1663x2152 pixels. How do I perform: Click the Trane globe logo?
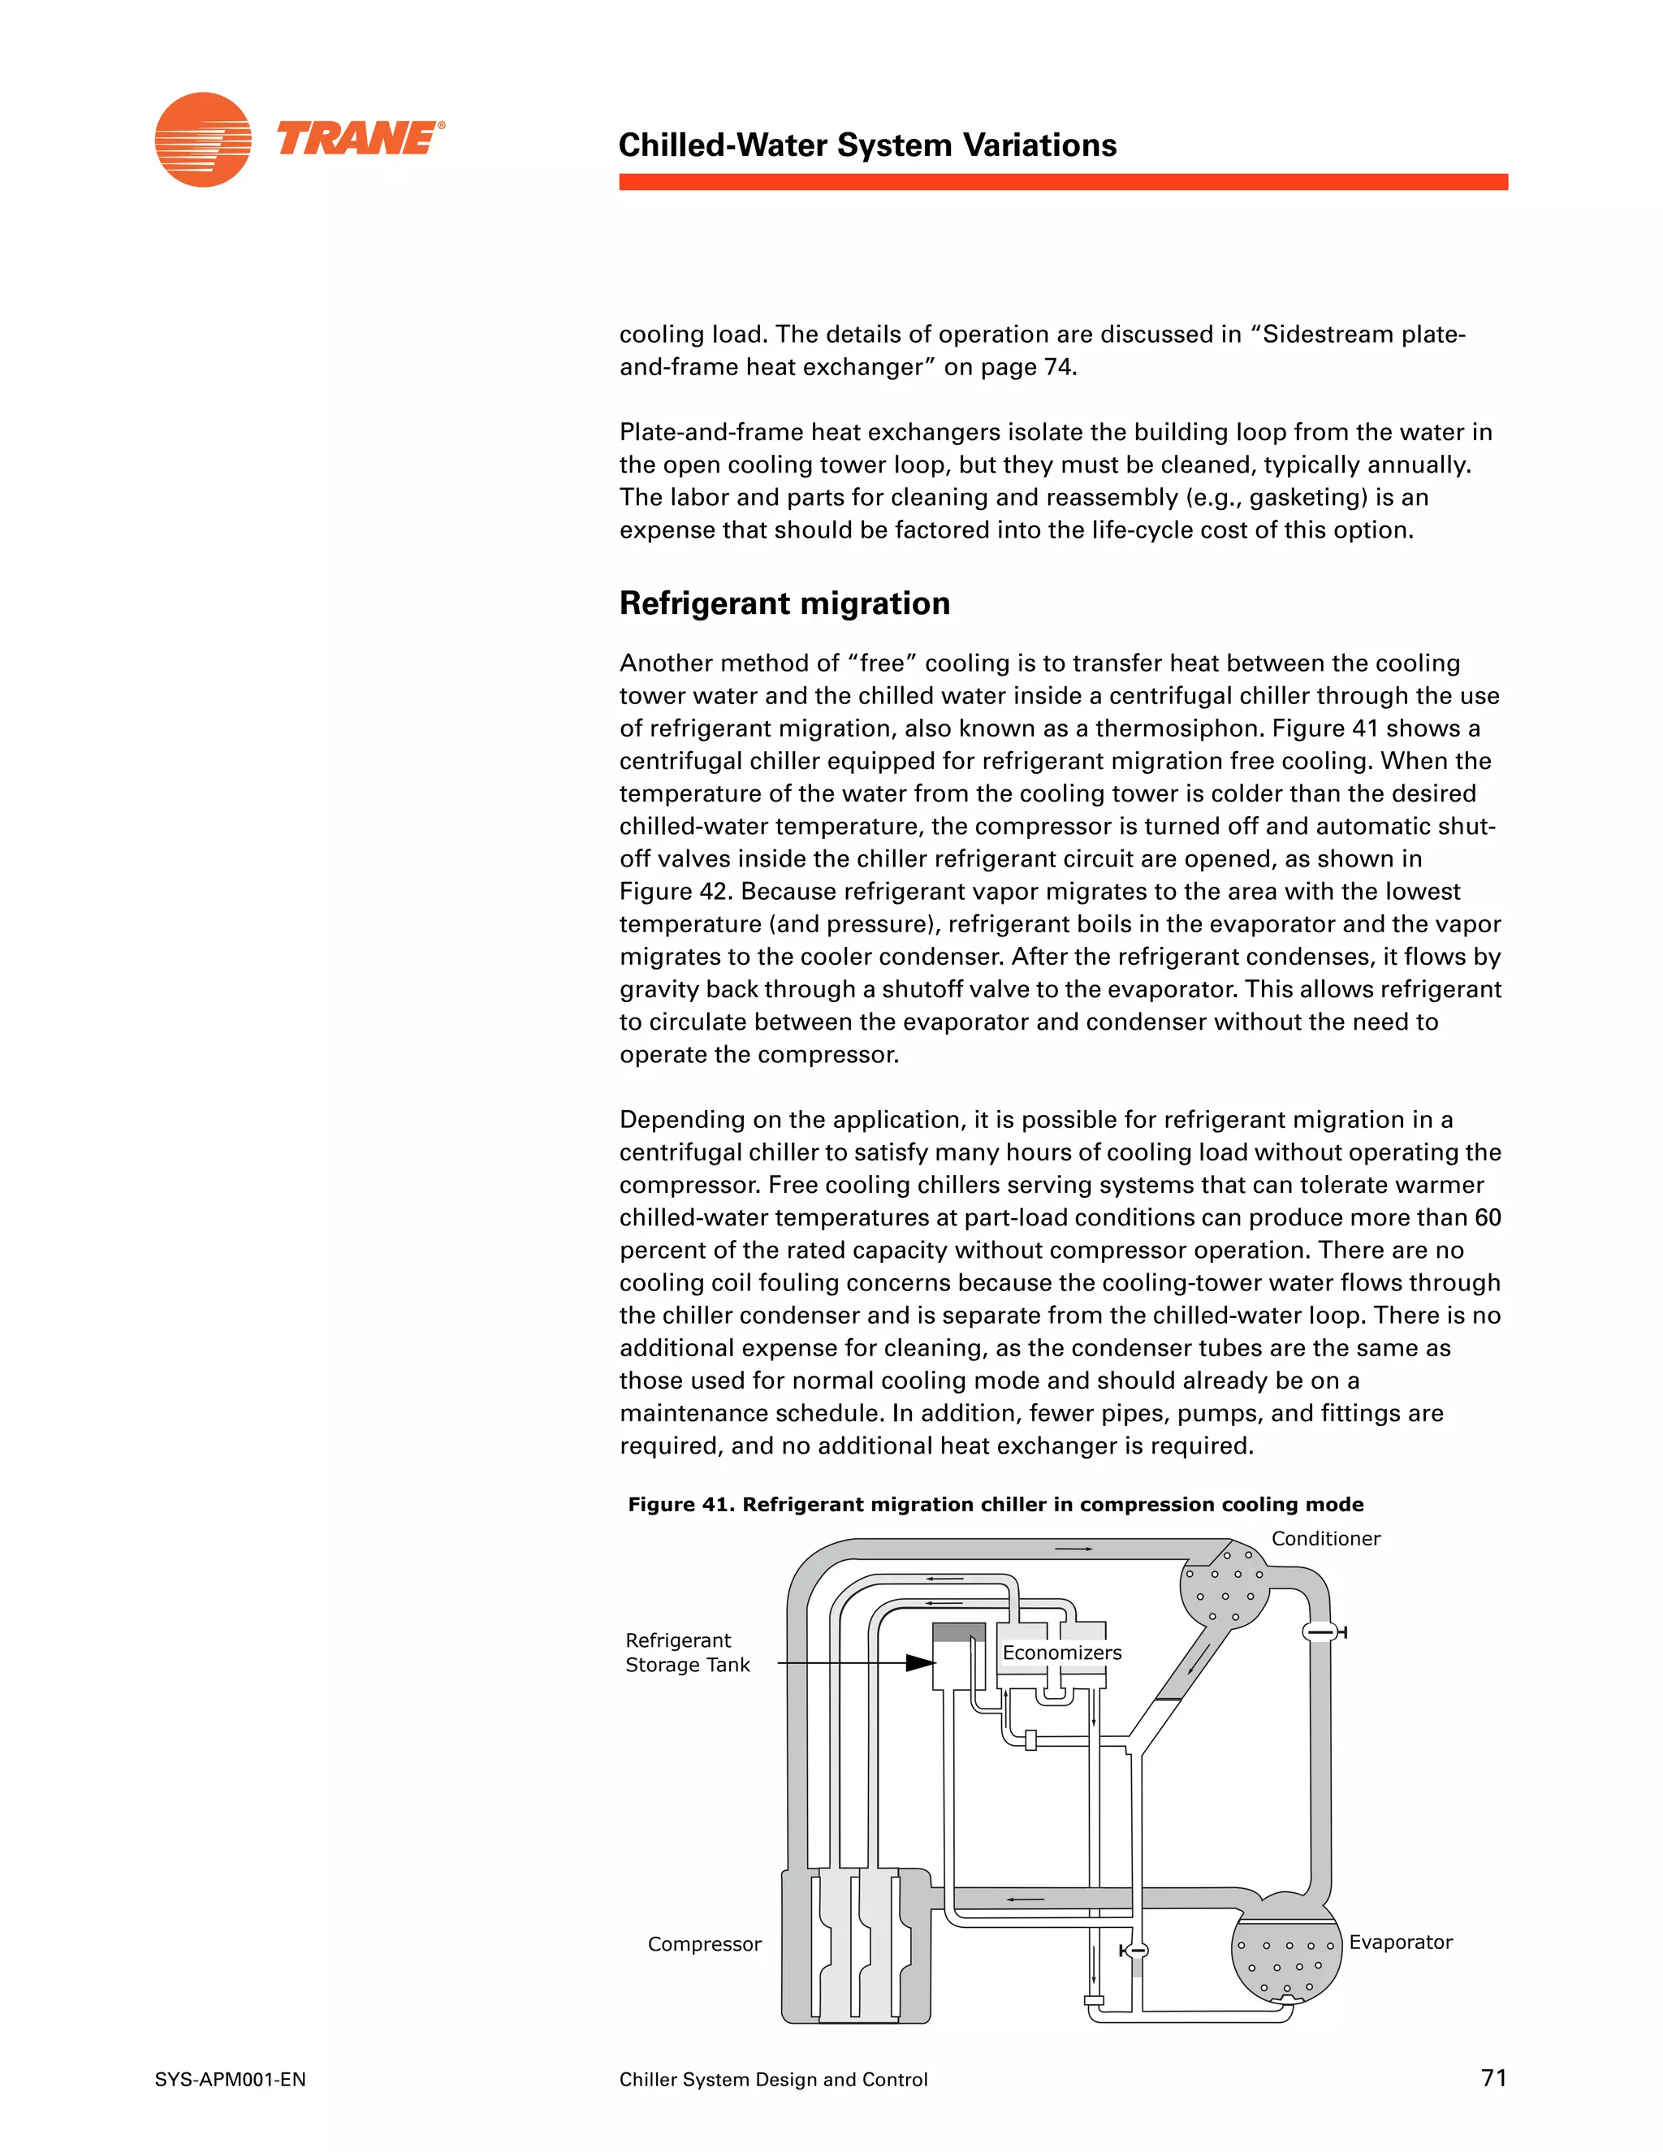[x=203, y=140]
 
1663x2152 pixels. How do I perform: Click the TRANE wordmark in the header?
[x=359, y=138]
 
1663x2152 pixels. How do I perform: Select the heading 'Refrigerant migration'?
[x=784, y=603]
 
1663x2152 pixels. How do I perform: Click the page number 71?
[x=1493, y=2078]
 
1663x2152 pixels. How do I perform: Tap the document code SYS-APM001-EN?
[x=231, y=2080]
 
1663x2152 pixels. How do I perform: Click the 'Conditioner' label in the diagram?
[x=1325, y=1538]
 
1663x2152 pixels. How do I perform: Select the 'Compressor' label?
[x=704, y=1944]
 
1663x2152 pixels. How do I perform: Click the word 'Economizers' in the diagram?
[x=1062, y=1653]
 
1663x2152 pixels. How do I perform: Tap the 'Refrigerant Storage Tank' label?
[x=688, y=1653]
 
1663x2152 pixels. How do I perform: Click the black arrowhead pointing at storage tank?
[x=920, y=1663]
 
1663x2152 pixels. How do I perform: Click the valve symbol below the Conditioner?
[x=1322, y=1633]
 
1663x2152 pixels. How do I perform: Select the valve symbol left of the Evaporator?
[x=1135, y=1950]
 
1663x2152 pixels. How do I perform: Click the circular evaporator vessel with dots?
[x=1285, y=1961]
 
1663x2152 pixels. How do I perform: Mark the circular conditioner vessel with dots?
[x=1225, y=1584]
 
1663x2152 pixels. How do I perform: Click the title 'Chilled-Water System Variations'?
[x=867, y=145]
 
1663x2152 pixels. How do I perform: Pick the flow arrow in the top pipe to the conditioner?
[x=1073, y=1549]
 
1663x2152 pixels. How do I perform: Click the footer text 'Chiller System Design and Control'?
[x=773, y=2080]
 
